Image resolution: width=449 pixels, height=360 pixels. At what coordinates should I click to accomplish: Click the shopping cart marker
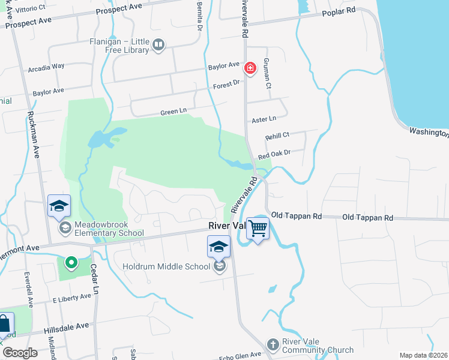[258, 228]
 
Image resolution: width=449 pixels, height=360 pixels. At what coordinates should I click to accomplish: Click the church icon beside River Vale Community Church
[274, 342]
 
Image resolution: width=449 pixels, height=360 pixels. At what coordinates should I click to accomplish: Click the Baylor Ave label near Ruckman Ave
[48, 92]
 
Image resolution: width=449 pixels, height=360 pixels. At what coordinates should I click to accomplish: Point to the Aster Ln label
[264, 119]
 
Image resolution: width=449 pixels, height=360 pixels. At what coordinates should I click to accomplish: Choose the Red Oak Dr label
[274, 154]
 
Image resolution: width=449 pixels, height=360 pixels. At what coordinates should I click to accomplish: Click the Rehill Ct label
[277, 136]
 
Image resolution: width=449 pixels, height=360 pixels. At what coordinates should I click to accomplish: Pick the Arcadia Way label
[46, 67]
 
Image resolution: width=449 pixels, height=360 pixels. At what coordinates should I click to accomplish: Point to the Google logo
[20, 353]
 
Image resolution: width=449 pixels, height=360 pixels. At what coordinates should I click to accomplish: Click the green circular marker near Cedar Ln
[71, 262]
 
